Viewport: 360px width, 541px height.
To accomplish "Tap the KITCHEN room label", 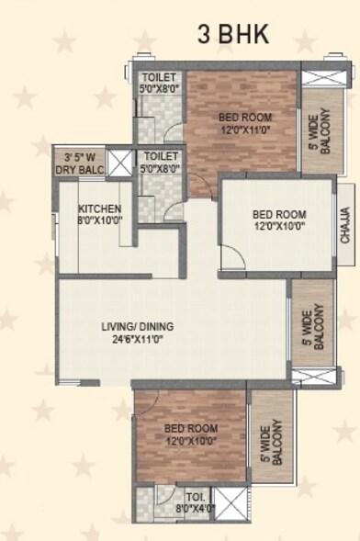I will [x=99, y=209].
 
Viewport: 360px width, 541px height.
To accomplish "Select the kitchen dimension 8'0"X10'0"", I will [x=99, y=220].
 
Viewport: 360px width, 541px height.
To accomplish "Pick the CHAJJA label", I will [x=345, y=224].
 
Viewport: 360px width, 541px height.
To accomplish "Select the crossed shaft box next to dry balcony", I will [x=120, y=163].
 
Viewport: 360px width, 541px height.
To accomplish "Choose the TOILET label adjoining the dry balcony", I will [x=161, y=157].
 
